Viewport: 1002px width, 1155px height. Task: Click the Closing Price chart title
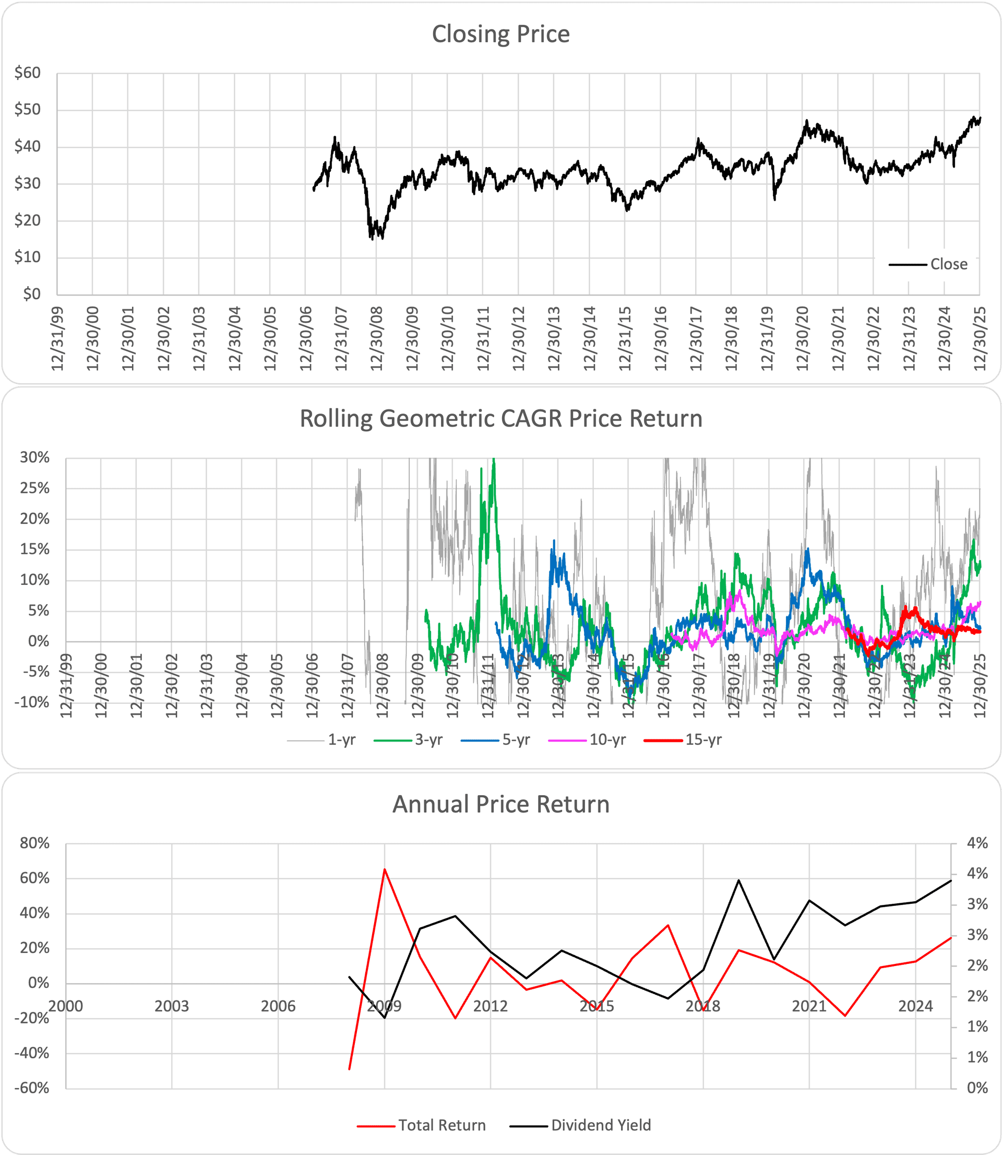[x=500, y=34]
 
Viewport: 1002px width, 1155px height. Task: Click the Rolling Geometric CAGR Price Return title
[x=500, y=419]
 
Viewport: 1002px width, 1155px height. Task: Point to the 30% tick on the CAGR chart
[x=34, y=457]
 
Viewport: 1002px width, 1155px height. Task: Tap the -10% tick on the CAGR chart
[x=34, y=702]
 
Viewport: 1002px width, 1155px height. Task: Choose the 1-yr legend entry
[x=322, y=740]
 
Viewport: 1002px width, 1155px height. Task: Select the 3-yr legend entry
[x=409, y=740]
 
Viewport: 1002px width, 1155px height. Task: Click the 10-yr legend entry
[x=587, y=740]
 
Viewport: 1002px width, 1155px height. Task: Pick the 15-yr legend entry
[x=683, y=740]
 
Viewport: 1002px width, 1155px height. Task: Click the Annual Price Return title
[x=500, y=804]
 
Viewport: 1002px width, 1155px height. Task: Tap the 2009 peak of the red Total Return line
[x=385, y=869]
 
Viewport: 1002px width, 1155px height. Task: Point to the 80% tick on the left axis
[x=34, y=843]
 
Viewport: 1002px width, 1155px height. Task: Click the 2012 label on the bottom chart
[x=491, y=1006]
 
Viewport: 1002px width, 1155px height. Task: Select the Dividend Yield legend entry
[x=581, y=1125]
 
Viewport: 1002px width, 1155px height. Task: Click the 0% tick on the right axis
[x=977, y=1089]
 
